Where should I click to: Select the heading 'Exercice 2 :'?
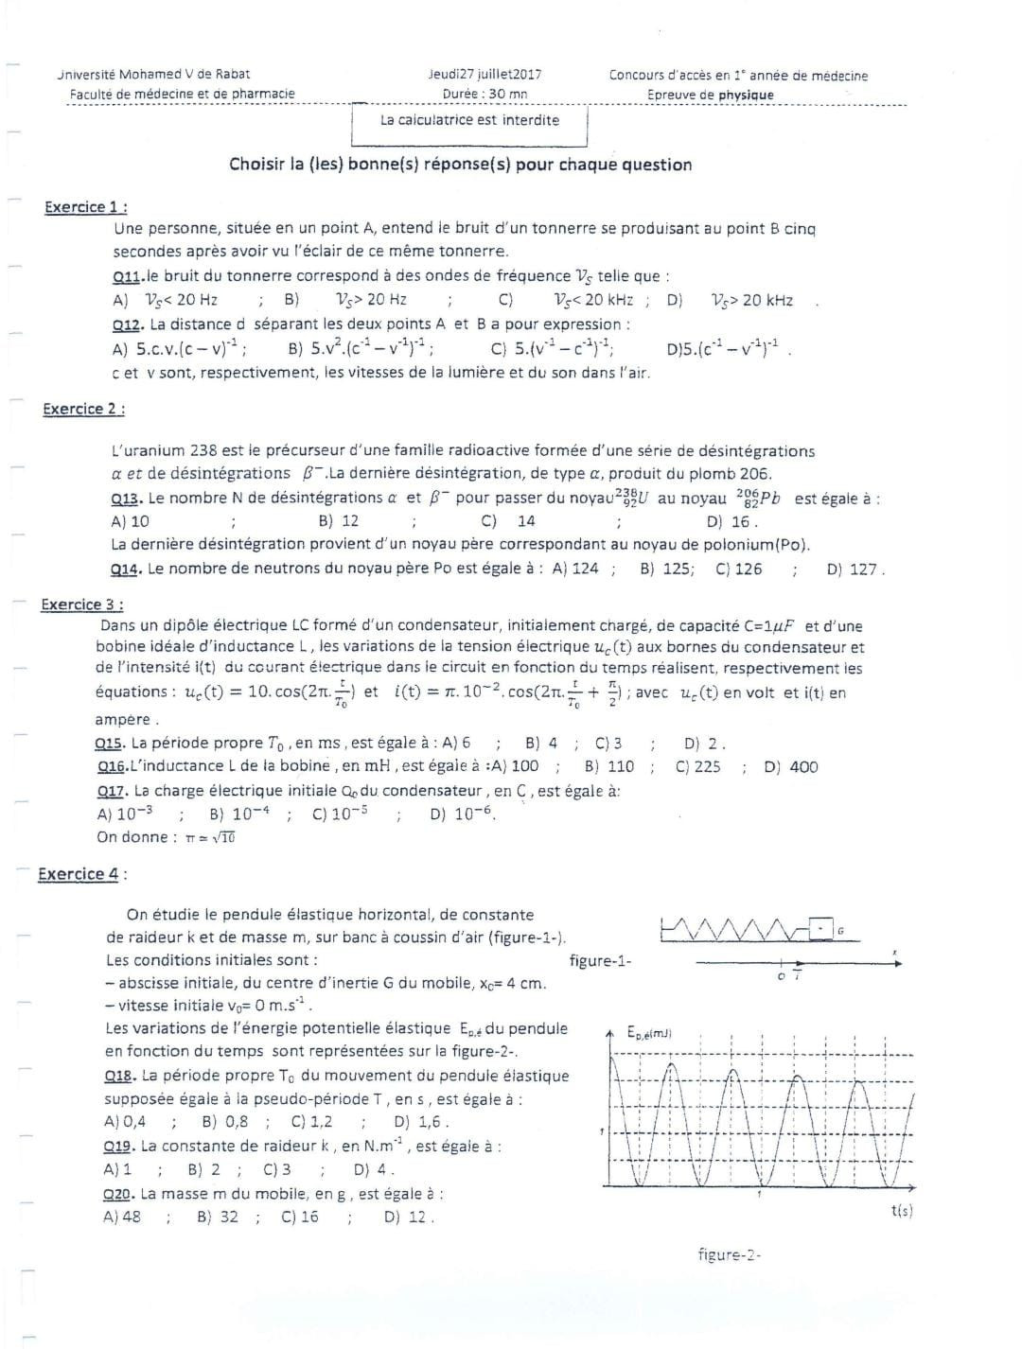(x=83, y=409)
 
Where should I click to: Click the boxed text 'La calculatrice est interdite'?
(x=469, y=120)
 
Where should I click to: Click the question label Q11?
(x=127, y=276)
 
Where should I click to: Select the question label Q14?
(x=125, y=569)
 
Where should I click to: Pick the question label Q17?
(x=113, y=791)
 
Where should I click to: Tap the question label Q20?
(x=118, y=1194)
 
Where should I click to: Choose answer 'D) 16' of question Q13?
(x=730, y=521)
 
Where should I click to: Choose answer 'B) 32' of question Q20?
(x=218, y=1217)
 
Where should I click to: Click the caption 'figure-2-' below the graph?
(x=730, y=1254)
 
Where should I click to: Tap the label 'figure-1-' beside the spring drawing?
(x=600, y=961)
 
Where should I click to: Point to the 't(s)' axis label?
(x=902, y=1211)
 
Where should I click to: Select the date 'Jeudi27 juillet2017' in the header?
(x=485, y=75)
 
